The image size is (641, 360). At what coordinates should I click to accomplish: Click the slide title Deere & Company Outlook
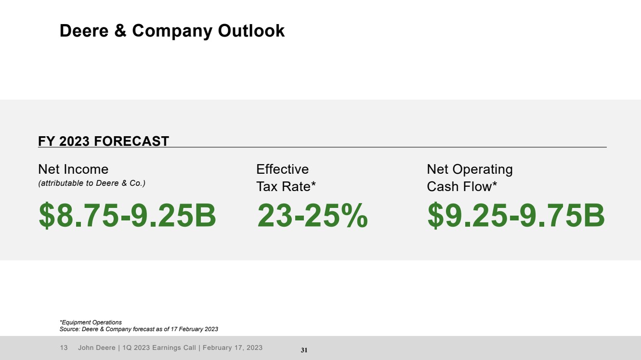[172, 31]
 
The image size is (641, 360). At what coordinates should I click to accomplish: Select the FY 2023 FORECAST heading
[104, 141]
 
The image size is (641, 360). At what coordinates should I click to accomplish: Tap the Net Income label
[73, 169]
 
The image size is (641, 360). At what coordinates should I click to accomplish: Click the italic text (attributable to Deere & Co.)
[92, 183]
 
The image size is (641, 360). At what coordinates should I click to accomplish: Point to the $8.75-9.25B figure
[127, 216]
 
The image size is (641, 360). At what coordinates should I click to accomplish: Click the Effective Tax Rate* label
[286, 178]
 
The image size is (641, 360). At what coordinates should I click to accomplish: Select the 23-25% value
[312, 216]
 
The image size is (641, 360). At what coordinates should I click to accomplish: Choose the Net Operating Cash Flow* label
[470, 178]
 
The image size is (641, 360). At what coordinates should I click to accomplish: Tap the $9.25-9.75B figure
[516, 216]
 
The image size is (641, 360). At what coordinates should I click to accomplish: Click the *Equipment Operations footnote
[91, 322]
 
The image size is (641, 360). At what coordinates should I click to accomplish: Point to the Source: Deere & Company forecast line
[139, 329]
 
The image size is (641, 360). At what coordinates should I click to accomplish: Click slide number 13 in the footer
[64, 347]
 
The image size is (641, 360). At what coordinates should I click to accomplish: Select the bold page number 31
[304, 350]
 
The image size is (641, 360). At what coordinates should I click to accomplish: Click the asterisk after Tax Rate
[313, 185]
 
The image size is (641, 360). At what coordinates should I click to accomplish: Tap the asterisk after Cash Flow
[494, 185]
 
